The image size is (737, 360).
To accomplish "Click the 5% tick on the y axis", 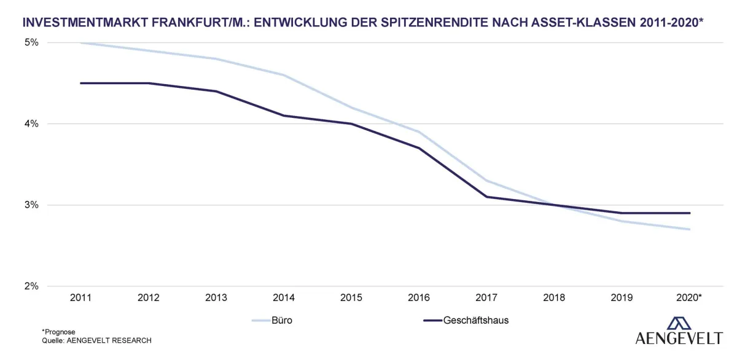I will (x=31, y=42).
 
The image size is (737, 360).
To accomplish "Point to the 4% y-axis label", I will (x=31, y=123).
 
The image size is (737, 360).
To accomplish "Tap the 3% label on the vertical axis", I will (x=31, y=205).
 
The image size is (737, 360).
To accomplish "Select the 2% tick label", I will (x=31, y=286).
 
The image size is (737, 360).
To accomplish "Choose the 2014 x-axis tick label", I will (x=283, y=298).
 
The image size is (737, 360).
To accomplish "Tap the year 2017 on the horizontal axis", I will (x=486, y=298).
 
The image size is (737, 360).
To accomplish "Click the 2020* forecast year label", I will (x=689, y=298).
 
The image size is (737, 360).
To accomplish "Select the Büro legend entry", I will (x=272, y=320).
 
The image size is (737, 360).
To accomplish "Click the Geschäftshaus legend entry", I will (x=466, y=320).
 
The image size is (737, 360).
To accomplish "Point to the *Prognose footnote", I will (x=58, y=332).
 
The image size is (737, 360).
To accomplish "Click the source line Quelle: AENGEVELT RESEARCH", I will (x=96, y=340).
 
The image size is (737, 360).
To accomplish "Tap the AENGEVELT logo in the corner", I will (x=679, y=332).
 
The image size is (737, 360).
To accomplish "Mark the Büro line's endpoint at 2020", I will (x=689, y=229).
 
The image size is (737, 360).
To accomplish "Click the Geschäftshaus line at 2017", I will (x=486, y=197).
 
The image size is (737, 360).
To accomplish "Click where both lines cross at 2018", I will (x=554, y=205).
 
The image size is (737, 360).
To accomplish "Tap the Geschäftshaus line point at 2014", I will (x=283, y=115).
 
